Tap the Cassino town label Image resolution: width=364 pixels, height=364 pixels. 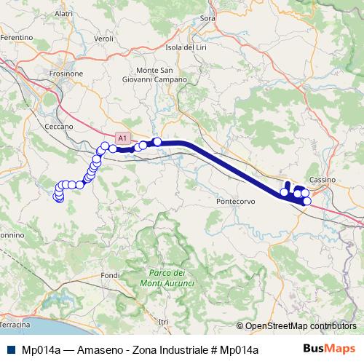[320, 178]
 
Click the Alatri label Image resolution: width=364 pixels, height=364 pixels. [63, 13]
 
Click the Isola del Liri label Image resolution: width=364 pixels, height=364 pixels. [186, 47]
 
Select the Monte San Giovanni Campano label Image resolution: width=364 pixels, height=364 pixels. [156, 74]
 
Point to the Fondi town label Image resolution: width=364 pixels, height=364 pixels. [110, 275]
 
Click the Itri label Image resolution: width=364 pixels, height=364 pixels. [163, 321]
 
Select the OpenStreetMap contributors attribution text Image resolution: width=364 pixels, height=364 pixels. [300, 326]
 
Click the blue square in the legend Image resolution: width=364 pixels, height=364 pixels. [11, 349]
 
